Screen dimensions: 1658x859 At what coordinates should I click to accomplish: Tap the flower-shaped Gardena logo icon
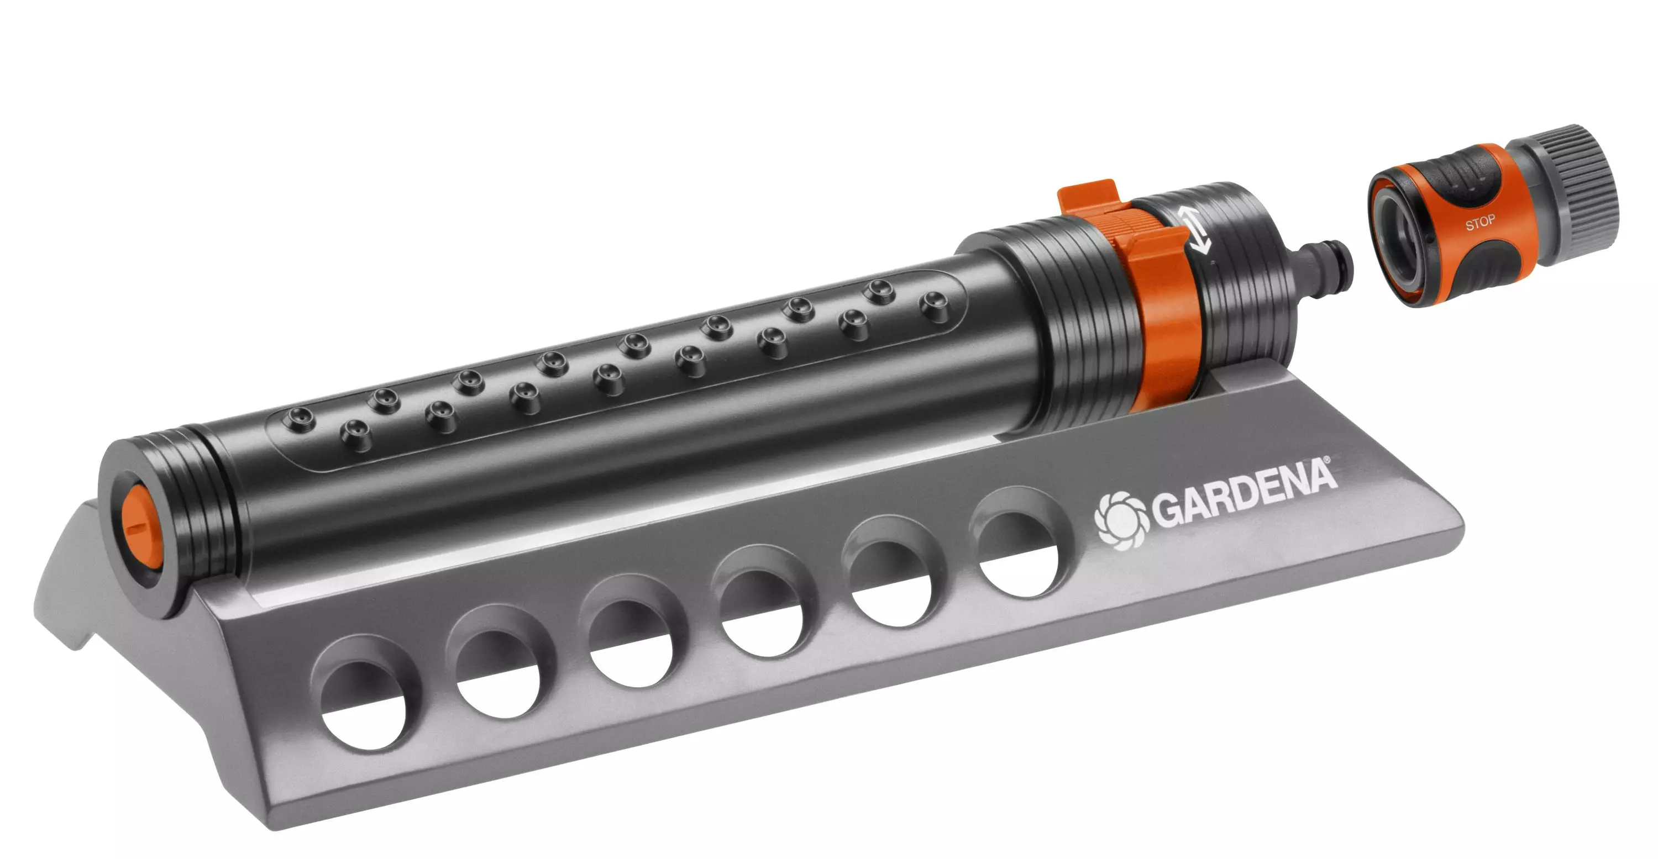pos(1121,519)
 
